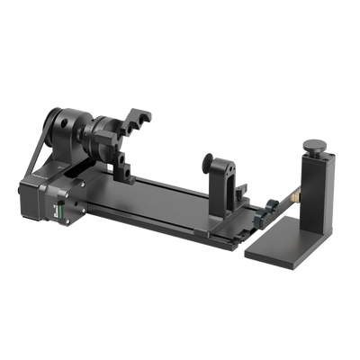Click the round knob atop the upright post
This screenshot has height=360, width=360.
pyautogui.click(x=317, y=145)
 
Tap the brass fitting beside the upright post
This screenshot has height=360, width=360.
pyautogui.click(x=293, y=193)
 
